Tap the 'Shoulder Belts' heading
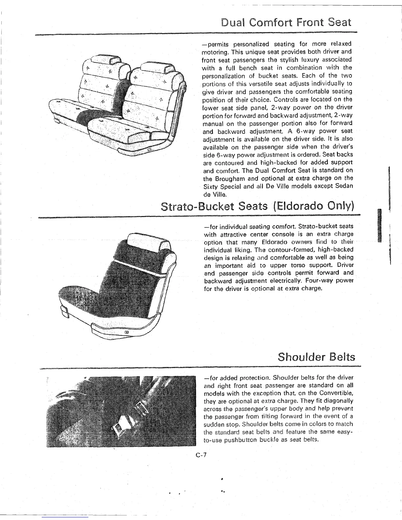point(316,357)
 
